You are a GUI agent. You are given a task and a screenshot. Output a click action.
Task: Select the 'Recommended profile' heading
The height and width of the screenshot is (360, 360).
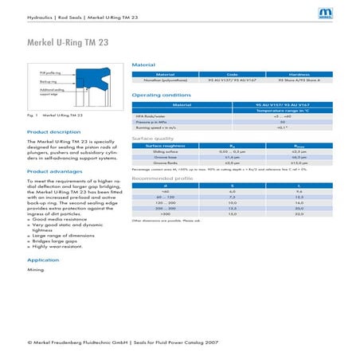(x=162, y=178)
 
